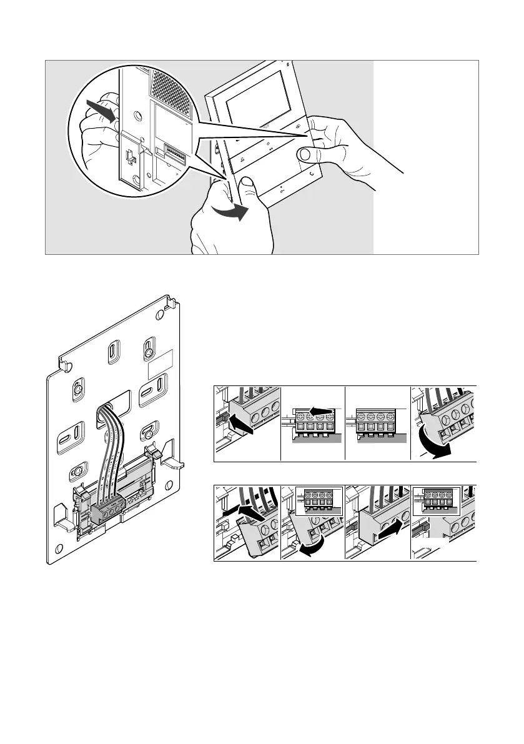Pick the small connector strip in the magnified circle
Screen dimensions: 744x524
coord(176,151)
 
